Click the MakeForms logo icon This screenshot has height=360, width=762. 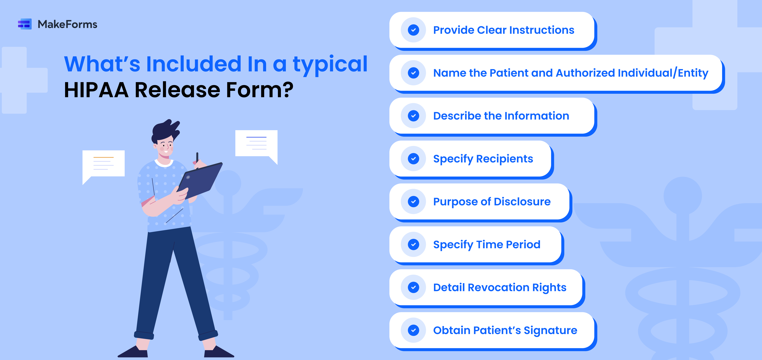(25, 24)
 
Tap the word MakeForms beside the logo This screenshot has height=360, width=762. (67, 24)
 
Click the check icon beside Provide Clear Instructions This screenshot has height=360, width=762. (413, 30)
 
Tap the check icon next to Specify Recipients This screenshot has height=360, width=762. (413, 159)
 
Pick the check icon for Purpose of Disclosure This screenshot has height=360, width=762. (413, 201)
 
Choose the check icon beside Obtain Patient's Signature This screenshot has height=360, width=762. (413, 330)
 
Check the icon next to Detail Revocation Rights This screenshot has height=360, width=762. (413, 287)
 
